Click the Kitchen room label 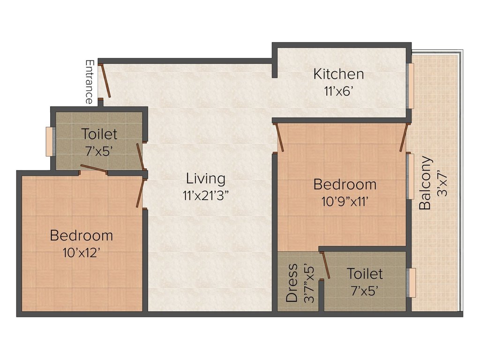click(x=338, y=74)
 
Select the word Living click(x=206, y=179)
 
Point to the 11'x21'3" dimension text click(x=205, y=195)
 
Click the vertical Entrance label click(x=89, y=82)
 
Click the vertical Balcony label click(x=425, y=183)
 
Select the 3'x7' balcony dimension click(x=443, y=183)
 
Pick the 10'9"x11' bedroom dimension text click(x=345, y=201)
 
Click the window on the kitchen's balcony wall click(x=411, y=86)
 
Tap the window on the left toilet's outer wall click(x=49, y=141)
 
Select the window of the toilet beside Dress click(x=412, y=283)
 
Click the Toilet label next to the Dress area click(x=365, y=274)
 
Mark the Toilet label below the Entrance click(x=99, y=134)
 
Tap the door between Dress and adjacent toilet click(x=326, y=265)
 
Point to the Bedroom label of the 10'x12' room click(x=82, y=235)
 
